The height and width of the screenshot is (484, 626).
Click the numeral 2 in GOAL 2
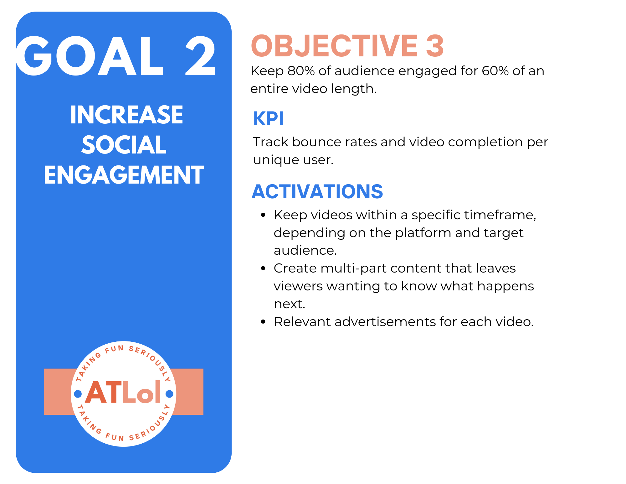tap(201, 55)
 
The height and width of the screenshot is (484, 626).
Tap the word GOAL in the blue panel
tap(90, 55)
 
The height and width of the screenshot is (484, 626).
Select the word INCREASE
tap(127, 115)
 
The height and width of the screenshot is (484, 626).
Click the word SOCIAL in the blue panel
tap(124, 145)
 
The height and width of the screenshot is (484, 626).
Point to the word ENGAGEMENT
tap(124, 175)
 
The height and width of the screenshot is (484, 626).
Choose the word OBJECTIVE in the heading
tap(335, 46)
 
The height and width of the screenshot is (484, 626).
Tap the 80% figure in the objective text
tap(301, 71)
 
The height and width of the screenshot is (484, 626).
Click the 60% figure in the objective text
tap(495, 71)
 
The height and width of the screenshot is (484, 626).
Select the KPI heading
tap(268, 119)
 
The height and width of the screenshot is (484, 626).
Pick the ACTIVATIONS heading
tap(317, 192)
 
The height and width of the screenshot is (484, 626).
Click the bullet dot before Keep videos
tap(263, 215)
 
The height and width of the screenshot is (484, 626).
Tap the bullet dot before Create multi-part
tap(263, 268)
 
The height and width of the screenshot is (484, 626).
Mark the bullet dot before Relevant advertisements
tap(263, 322)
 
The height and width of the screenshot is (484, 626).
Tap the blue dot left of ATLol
tap(78, 394)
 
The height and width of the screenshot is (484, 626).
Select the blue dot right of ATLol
tap(169, 394)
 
